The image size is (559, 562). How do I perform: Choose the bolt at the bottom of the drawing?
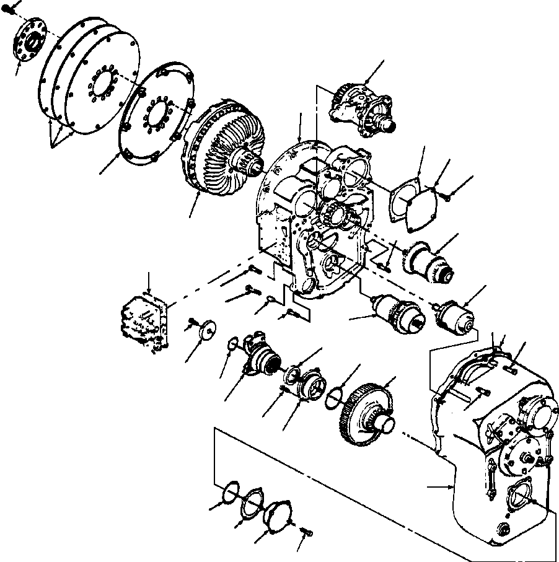306,532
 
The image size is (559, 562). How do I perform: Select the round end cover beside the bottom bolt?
276,518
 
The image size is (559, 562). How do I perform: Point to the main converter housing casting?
310,223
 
